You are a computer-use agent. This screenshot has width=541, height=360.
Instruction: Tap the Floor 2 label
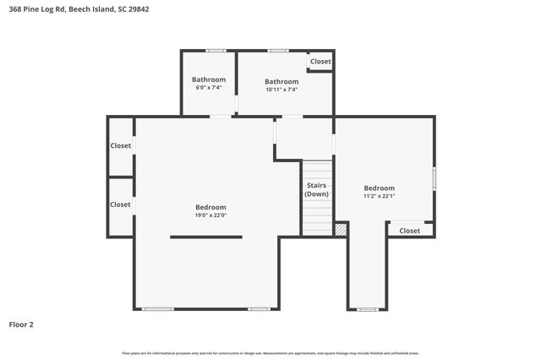click(x=21, y=324)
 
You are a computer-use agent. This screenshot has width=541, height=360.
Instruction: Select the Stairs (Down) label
click(x=316, y=190)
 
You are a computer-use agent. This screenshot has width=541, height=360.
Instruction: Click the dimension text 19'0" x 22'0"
click(x=210, y=215)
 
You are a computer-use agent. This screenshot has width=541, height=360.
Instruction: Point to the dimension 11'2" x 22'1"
click(x=379, y=196)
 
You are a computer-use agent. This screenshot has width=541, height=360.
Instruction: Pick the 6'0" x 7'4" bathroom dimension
click(x=209, y=88)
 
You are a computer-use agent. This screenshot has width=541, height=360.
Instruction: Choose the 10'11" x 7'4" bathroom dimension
click(x=281, y=90)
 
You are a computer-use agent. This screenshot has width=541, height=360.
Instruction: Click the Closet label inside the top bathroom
click(x=320, y=62)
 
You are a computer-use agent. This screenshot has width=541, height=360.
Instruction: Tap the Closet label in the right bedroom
click(x=409, y=231)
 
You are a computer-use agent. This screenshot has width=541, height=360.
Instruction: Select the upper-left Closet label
click(x=120, y=146)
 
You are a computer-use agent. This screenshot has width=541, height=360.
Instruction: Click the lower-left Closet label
click(x=120, y=205)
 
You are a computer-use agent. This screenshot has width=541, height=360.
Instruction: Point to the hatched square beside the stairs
click(x=341, y=229)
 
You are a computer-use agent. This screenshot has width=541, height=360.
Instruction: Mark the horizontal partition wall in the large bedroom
click(x=206, y=237)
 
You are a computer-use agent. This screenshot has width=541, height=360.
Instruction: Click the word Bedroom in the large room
click(x=210, y=207)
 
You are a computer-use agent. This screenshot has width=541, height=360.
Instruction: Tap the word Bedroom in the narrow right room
click(x=379, y=188)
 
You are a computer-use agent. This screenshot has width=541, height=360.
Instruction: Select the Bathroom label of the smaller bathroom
click(x=209, y=80)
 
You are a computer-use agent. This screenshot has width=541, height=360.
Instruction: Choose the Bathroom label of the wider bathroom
click(x=281, y=82)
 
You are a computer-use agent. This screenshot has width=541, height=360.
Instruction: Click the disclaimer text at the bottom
click(x=270, y=352)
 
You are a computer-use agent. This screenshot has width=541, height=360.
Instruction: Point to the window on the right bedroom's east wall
click(x=434, y=178)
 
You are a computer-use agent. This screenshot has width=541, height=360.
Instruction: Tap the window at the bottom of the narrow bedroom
click(x=367, y=309)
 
